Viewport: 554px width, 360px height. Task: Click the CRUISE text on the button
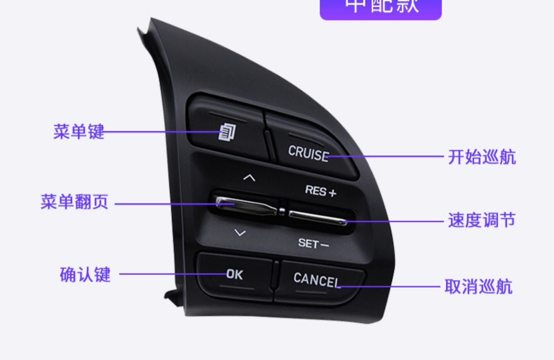pyautogui.click(x=308, y=153)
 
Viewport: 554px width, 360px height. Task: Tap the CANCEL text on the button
pyautogui.click(x=317, y=280)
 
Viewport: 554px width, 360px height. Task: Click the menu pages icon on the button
pyautogui.click(x=227, y=132)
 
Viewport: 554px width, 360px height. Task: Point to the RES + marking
pyautogui.click(x=320, y=191)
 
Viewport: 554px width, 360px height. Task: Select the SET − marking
pyautogui.click(x=313, y=244)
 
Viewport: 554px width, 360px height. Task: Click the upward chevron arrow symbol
pyautogui.click(x=249, y=178)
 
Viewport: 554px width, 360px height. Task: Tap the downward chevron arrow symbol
pyautogui.click(x=240, y=233)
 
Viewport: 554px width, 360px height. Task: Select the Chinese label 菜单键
pyautogui.click(x=79, y=132)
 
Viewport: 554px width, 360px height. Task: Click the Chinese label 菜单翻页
pyautogui.click(x=74, y=202)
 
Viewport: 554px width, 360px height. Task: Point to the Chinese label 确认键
pyautogui.click(x=85, y=275)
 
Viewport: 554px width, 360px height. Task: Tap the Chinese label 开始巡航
pyautogui.click(x=482, y=157)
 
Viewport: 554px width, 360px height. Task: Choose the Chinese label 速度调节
pyautogui.click(x=482, y=220)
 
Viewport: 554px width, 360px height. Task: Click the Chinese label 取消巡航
pyautogui.click(x=478, y=287)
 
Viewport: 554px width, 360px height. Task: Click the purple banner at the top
pyautogui.click(x=380, y=8)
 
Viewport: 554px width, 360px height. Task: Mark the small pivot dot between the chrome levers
pyautogui.click(x=282, y=211)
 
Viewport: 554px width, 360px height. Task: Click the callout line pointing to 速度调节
pyautogui.click(x=395, y=222)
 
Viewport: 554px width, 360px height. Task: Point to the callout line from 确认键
pyautogui.click(x=170, y=274)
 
